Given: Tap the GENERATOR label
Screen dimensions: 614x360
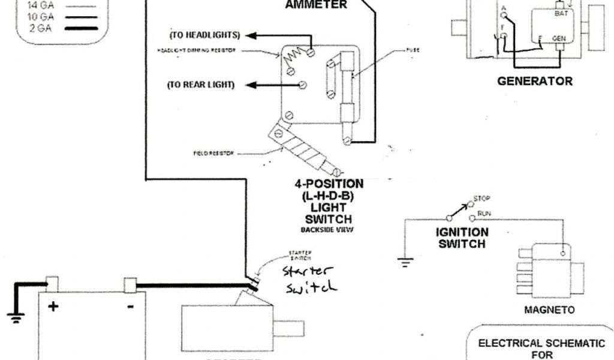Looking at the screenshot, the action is (x=535, y=81).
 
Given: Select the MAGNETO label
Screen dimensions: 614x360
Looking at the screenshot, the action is (x=549, y=310).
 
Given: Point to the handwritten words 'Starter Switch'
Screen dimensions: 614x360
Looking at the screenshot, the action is (x=308, y=279).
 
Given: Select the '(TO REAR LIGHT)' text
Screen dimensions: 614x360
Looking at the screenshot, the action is (x=200, y=85).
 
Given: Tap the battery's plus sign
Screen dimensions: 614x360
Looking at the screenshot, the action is (x=53, y=307).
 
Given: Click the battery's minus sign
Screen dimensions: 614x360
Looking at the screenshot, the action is (x=131, y=306).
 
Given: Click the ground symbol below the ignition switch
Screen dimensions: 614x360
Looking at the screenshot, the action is (x=405, y=261).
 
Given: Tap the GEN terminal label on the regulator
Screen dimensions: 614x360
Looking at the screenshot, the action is (x=559, y=38).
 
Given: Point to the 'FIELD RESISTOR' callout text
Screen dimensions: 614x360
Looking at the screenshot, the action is (x=209, y=154).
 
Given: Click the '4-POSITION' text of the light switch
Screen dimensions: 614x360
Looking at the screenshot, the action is (x=329, y=183).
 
